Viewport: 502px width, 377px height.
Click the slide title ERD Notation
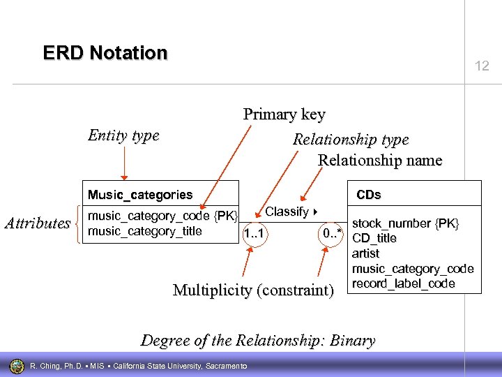point(105,53)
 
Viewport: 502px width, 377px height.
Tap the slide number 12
point(482,66)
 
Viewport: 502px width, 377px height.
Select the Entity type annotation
point(123,135)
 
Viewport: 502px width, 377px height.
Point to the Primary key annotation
point(284,114)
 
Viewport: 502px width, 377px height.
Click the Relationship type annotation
point(351,139)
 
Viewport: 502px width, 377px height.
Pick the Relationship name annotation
point(380,160)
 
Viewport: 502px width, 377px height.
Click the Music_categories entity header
point(139,195)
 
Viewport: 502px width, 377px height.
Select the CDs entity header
point(369,194)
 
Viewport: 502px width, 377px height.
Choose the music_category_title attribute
point(144,231)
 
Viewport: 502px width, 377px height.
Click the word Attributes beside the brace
point(37,223)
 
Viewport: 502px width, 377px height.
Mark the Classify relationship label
point(287,212)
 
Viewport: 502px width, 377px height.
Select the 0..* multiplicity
point(331,232)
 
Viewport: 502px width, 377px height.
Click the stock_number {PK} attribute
point(406,223)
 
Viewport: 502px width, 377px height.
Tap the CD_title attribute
point(374,238)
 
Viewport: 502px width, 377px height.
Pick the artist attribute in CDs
point(366,253)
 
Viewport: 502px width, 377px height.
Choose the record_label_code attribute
point(404,283)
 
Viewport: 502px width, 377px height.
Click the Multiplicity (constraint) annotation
point(253,290)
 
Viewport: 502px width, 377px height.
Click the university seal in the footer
point(16,366)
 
